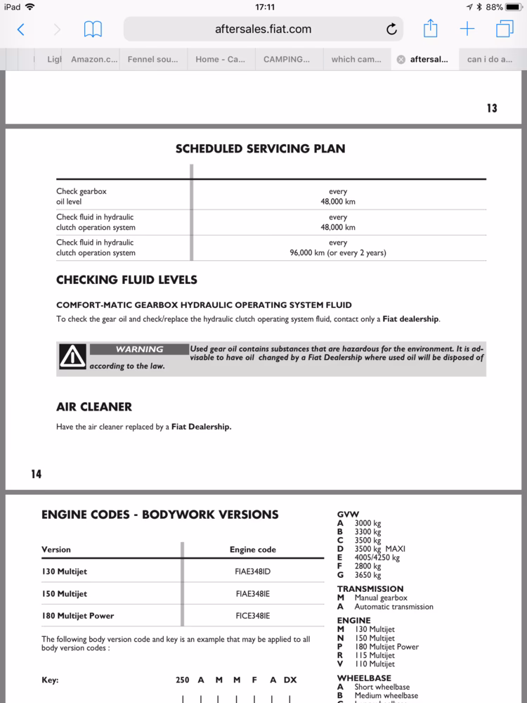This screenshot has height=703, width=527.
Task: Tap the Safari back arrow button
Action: coord(20,30)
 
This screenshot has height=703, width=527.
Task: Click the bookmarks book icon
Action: coord(93,30)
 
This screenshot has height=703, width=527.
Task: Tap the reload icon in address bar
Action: coord(391,30)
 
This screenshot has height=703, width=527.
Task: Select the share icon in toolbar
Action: coord(430,29)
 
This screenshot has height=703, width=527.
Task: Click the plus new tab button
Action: coord(467,29)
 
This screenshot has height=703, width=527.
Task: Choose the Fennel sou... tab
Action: coord(152,60)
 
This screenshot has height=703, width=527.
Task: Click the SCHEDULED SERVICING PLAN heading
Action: coord(260,149)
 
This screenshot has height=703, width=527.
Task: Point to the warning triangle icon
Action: coord(72,356)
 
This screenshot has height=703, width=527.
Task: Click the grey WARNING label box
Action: coord(139,349)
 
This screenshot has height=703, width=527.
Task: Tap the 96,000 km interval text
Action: coord(337,253)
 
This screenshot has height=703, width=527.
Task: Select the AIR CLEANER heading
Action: coord(94,407)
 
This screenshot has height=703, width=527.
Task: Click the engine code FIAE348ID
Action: coord(253,572)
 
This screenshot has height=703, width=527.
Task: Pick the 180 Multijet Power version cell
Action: coord(78,616)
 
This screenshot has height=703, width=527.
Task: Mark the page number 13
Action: coord(491,108)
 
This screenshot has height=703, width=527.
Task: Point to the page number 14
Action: coord(36,475)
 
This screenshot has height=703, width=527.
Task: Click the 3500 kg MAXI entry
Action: coord(380,549)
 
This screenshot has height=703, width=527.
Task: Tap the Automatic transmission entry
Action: coord(393,607)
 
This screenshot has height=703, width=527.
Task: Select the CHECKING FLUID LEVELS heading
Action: coord(126,280)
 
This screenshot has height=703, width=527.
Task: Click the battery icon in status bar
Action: coord(514,7)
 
